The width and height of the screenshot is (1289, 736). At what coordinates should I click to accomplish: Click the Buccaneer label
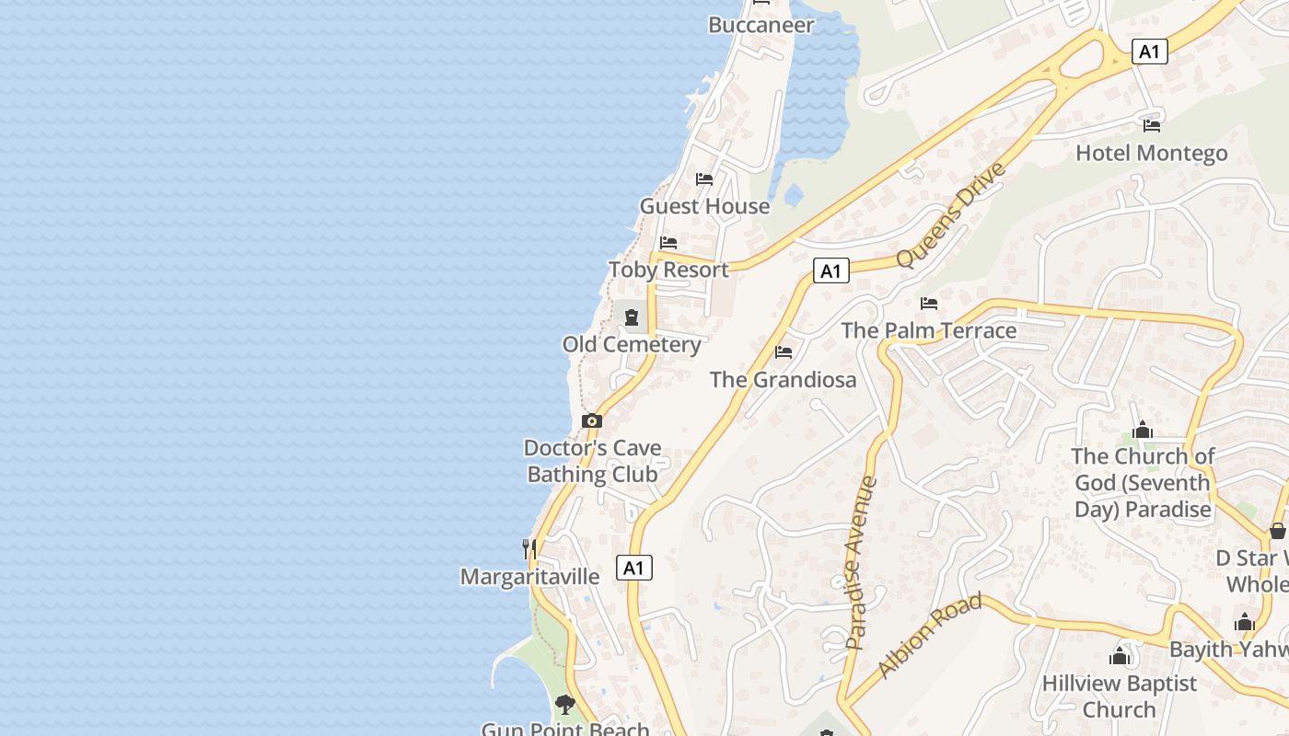[761, 25]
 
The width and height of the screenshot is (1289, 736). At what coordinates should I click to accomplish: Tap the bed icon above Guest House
[704, 178]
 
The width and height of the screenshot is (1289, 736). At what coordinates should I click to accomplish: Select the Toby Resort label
[668, 270]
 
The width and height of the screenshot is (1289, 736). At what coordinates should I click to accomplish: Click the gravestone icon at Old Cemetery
[632, 318]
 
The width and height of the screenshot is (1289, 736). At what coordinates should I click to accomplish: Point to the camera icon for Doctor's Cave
[592, 421]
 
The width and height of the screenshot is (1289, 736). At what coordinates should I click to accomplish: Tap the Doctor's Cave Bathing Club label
[592, 461]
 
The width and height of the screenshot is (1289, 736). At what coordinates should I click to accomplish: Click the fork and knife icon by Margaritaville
[529, 549]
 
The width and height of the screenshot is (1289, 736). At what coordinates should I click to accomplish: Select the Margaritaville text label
[529, 577]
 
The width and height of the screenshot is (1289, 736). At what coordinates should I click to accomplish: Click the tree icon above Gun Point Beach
[564, 705]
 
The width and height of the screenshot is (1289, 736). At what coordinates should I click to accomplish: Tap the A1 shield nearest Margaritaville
[633, 568]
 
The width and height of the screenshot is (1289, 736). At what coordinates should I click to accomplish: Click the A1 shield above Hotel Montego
[1149, 52]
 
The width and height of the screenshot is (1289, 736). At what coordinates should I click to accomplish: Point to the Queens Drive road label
[950, 215]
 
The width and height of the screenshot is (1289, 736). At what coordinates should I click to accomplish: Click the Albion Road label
[930, 636]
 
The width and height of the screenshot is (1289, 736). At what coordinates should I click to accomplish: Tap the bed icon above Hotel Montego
[1151, 125]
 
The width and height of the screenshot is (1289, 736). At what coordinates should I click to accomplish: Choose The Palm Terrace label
[928, 330]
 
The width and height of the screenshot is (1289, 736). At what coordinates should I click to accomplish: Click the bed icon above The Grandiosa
[784, 351]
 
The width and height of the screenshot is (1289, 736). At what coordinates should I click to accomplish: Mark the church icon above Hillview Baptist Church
[1120, 656]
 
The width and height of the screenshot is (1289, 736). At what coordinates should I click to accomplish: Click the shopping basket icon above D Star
[1277, 531]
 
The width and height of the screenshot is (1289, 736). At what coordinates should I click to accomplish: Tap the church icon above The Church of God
[1143, 430]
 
